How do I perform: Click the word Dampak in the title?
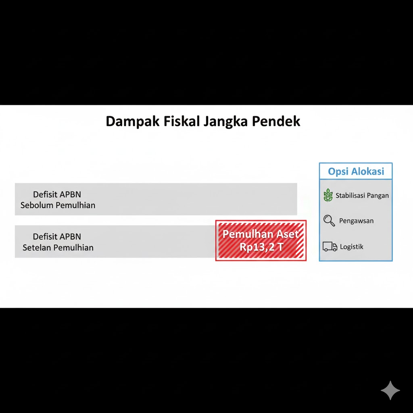(x=132, y=122)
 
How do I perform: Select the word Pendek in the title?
(x=276, y=121)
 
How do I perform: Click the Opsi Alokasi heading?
(x=356, y=171)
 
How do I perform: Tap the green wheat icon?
(x=328, y=195)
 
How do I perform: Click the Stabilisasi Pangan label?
(x=362, y=196)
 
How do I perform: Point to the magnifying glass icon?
(x=329, y=221)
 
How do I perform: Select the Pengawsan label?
(x=356, y=221)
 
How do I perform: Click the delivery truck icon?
(x=330, y=246)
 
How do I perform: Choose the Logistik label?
(x=351, y=247)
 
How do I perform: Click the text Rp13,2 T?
(x=261, y=247)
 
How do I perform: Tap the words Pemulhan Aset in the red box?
(x=261, y=234)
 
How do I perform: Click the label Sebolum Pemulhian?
(x=58, y=205)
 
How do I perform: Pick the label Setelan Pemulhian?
(x=58, y=248)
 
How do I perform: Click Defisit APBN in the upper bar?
(x=57, y=194)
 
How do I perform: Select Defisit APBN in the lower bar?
(x=57, y=236)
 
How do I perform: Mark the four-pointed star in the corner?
(x=390, y=390)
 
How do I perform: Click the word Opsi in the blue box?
(x=338, y=172)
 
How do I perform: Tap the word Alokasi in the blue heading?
(x=368, y=171)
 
